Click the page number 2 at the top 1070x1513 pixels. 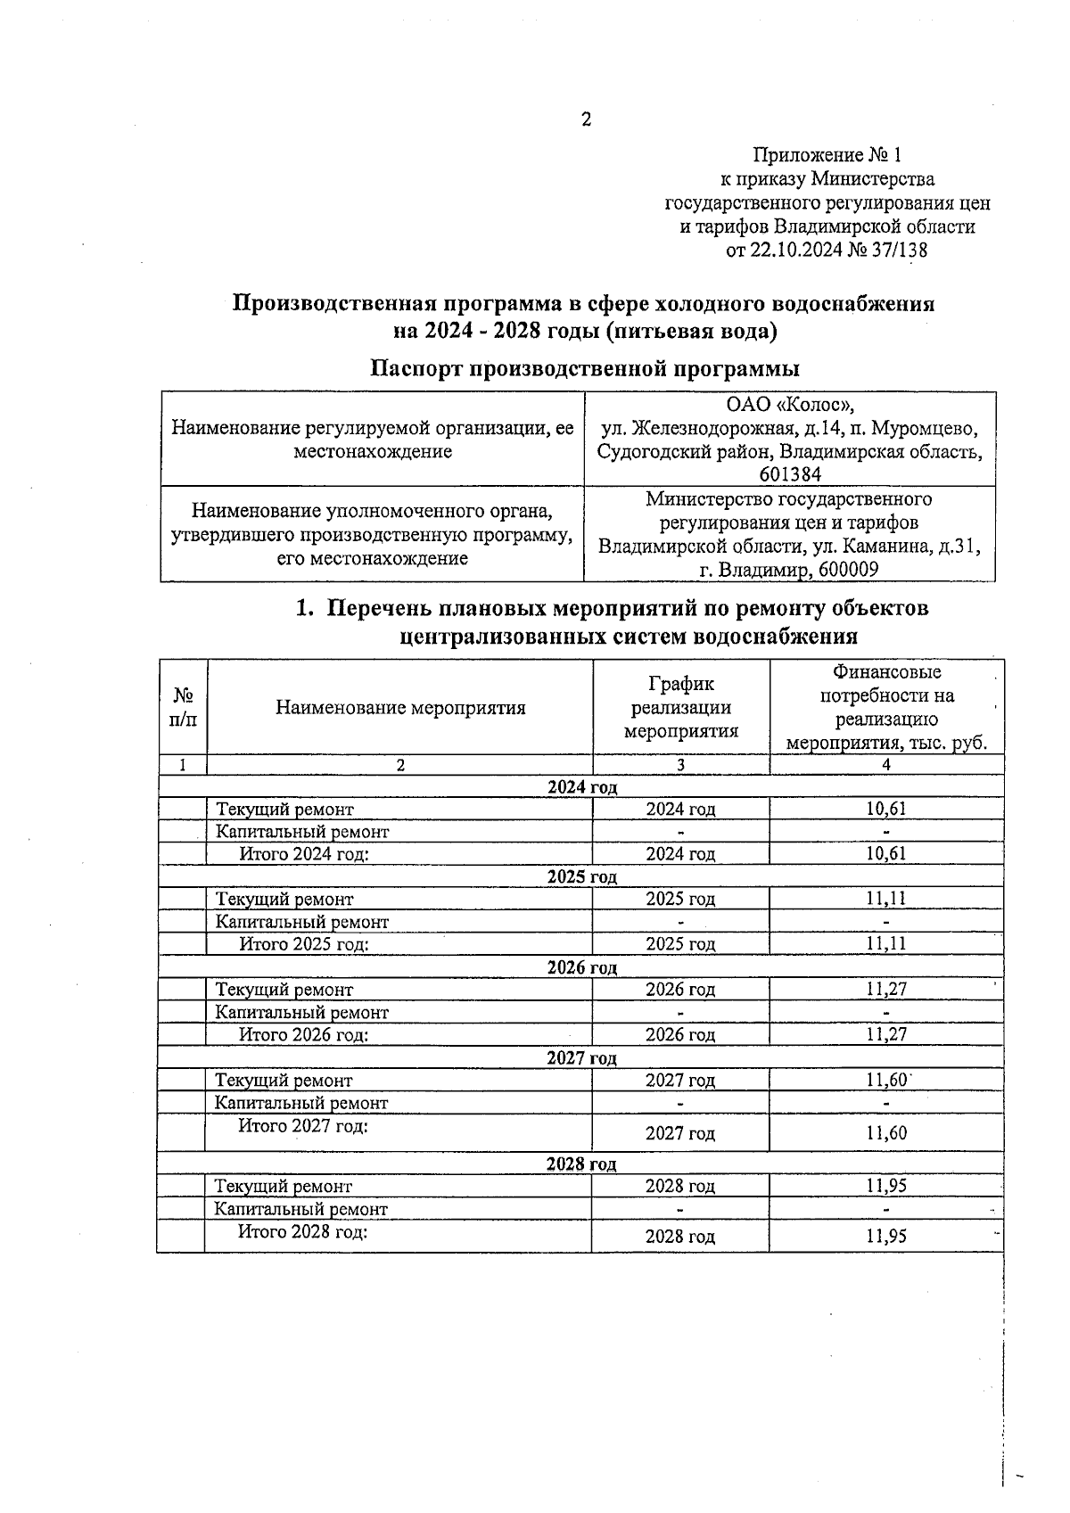586,119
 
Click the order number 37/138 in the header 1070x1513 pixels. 895,251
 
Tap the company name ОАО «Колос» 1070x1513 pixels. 790,405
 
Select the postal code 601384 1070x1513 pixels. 790,474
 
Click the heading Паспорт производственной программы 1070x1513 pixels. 585,368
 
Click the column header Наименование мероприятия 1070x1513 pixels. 400,708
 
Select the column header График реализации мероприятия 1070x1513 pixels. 681,708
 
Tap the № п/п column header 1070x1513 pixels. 183,707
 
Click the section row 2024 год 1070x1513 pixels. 581,787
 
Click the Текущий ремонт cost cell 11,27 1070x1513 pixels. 886,990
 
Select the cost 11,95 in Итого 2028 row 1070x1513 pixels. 886,1237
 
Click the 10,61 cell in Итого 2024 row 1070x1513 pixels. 886,854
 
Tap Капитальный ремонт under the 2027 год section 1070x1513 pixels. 302,1103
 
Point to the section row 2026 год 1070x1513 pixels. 581,967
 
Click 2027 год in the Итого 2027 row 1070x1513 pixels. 680,1133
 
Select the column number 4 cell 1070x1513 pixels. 886,765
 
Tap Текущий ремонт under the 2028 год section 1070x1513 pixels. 284,1187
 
